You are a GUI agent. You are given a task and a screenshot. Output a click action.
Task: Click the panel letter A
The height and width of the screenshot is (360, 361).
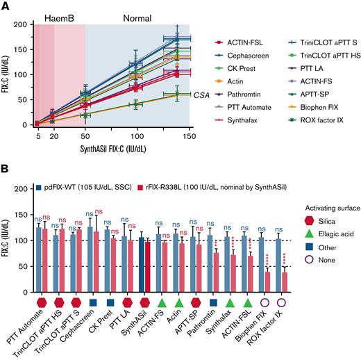click(6, 6)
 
